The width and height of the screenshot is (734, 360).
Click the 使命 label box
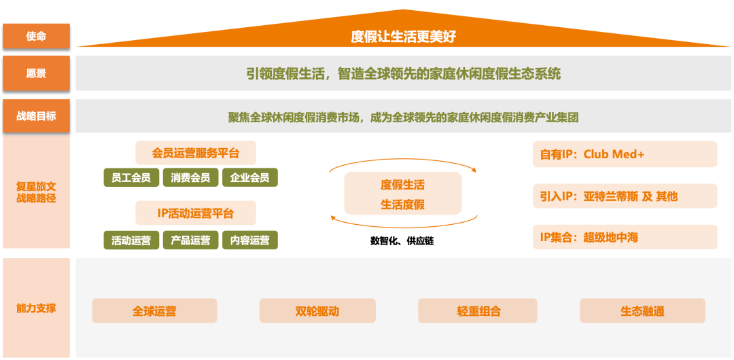point(36,36)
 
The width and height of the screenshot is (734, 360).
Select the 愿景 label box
point(36,73)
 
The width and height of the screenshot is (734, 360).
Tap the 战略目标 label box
point(36,116)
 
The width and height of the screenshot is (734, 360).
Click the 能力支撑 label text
point(36,308)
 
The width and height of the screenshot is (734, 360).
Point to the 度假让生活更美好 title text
point(403,37)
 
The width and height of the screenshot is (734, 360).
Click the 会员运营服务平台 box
point(196,153)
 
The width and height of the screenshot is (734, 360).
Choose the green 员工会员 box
point(131,177)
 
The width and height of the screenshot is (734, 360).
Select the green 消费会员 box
point(190,177)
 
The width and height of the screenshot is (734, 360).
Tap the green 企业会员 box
point(250,177)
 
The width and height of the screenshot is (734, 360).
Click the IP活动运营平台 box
point(196,213)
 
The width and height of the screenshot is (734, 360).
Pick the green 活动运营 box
point(131,240)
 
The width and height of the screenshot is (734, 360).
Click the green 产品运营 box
point(190,240)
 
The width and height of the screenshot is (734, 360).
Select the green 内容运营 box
point(250,240)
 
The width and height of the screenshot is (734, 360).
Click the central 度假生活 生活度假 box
point(402,194)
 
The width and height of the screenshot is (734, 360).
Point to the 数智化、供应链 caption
point(402,242)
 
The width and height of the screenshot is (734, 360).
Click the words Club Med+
point(614,154)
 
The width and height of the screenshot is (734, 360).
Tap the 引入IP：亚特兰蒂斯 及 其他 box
point(625,196)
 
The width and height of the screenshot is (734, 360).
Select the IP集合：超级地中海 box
point(625,237)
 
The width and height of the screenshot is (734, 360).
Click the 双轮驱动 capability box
point(317,311)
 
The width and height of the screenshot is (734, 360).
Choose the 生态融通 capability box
point(642,311)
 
